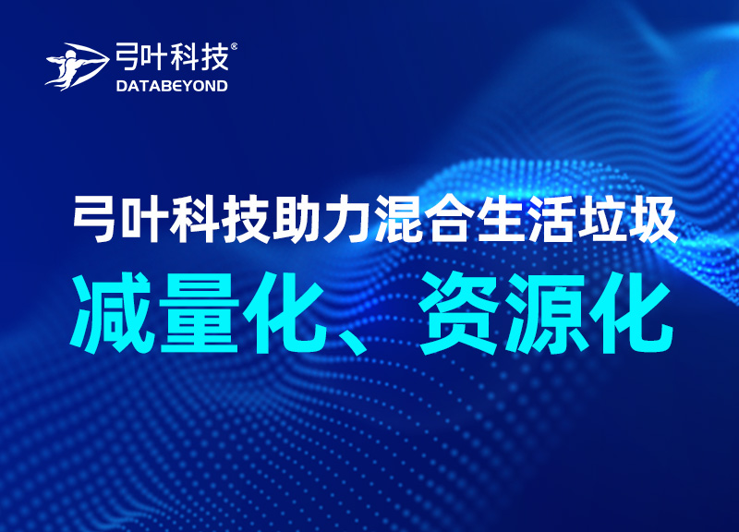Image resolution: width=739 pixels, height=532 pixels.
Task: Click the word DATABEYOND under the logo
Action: pyautogui.click(x=173, y=86)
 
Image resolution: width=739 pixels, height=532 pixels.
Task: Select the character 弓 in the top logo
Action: pyautogui.click(x=127, y=58)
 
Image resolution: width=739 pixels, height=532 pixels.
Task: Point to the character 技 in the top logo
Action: pyautogui.click(x=216, y=58)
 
